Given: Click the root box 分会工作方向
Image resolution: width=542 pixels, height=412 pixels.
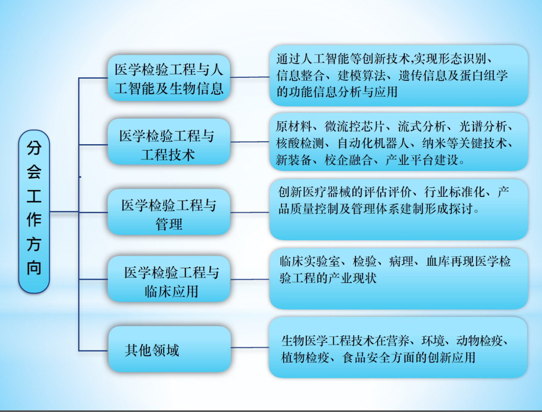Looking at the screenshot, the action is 34,211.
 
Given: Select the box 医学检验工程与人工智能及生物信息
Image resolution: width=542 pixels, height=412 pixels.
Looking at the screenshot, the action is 169,78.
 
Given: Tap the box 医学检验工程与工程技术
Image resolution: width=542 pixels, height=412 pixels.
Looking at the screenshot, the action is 169,142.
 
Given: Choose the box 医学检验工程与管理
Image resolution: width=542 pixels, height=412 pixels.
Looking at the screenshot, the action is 169,212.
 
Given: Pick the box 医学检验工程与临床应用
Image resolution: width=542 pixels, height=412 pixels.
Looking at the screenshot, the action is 169,279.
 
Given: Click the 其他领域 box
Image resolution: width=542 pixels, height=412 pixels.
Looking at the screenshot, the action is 170,349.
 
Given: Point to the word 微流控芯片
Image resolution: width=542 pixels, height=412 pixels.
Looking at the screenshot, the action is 354,126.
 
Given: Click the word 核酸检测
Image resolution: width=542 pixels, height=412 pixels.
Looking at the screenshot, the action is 299,143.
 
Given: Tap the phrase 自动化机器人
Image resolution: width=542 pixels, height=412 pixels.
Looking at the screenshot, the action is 373,143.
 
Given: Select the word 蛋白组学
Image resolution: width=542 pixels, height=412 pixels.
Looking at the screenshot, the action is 484,75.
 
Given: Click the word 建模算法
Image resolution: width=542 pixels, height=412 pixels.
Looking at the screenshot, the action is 361,75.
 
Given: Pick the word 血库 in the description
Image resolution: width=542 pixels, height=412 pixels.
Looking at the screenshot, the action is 438,261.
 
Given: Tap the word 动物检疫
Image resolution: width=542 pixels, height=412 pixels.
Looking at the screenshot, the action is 480,341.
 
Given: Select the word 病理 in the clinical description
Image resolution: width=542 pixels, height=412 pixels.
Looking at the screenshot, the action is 401,261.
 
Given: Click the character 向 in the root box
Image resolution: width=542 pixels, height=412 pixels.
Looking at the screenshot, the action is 34,267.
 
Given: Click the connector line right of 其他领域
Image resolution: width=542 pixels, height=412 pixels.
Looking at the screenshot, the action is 250,347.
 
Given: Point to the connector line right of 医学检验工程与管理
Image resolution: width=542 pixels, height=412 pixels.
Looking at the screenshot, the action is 250,212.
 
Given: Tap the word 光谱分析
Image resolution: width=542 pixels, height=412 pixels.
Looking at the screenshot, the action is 483,126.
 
